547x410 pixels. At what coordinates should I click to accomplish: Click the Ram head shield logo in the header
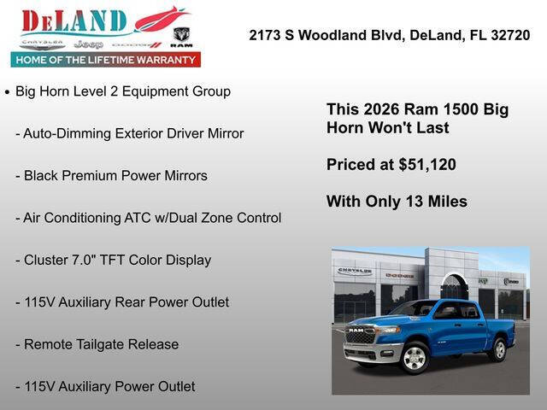point(181,37)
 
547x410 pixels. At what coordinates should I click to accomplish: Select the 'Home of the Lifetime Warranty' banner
point(106,60)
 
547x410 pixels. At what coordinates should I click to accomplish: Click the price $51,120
point(426,164)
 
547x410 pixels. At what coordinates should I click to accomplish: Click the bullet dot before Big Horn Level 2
point(7,91)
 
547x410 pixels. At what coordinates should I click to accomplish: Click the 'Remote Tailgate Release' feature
point(101,344)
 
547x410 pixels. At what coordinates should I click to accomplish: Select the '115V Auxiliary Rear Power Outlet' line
point(126,302)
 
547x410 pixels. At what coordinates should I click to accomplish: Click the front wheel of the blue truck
point(415,357)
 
